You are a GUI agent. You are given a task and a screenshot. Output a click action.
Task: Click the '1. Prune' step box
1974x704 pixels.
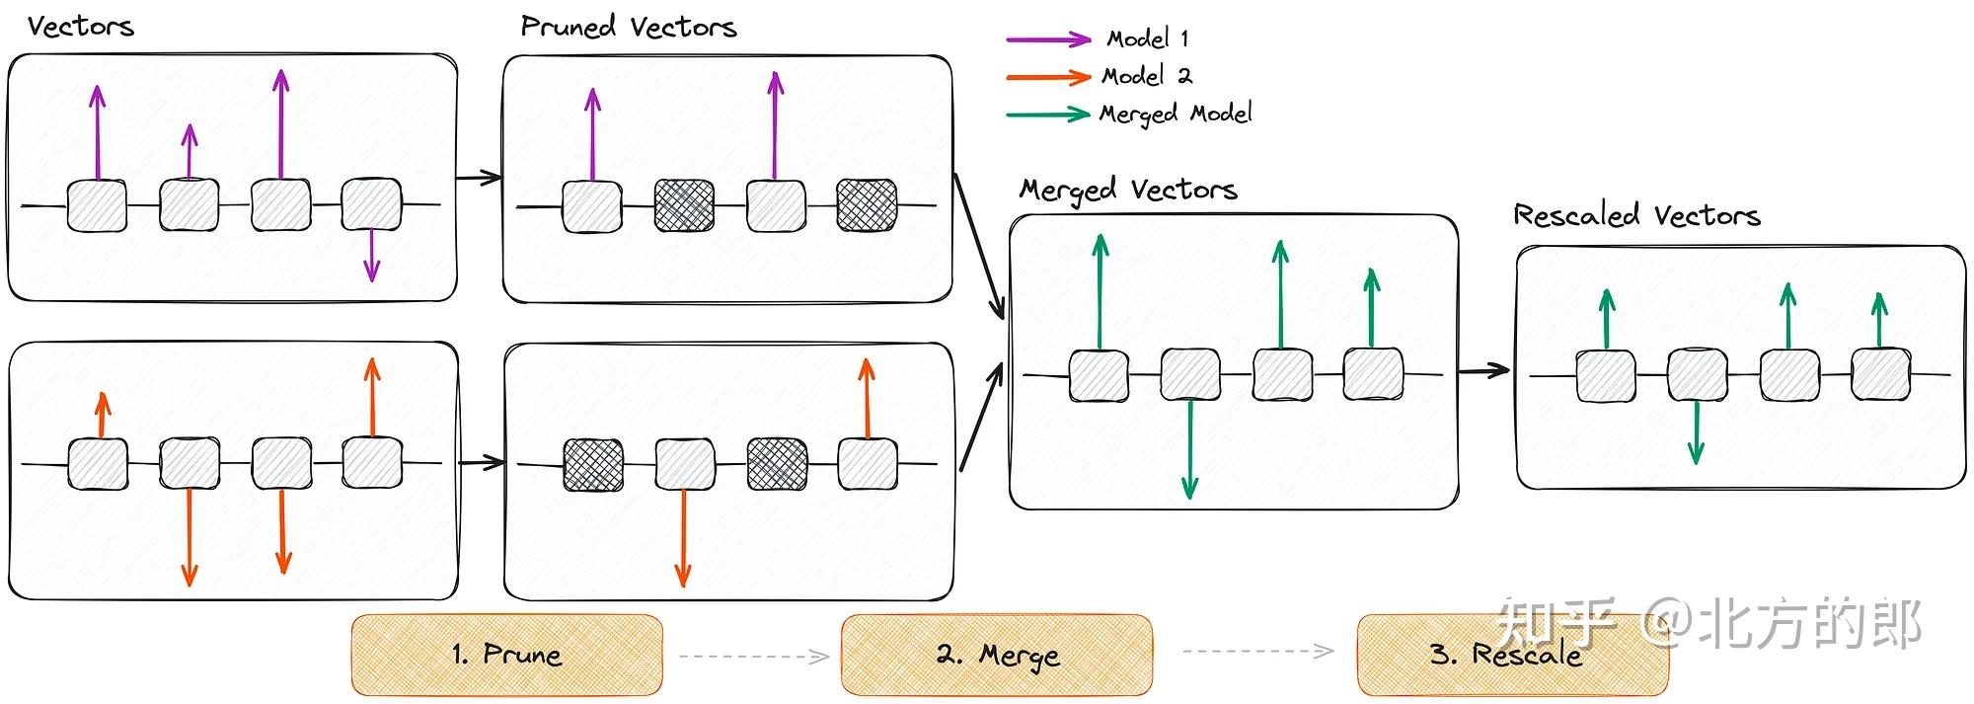click(x=507, y=655)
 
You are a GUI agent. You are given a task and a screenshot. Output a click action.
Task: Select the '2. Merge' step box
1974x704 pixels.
click(x=997, y=655)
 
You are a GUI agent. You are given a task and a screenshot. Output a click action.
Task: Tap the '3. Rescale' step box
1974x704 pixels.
click(x=1513, y=655)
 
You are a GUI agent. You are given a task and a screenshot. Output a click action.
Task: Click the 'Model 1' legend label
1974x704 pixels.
click(x=1148, y=39)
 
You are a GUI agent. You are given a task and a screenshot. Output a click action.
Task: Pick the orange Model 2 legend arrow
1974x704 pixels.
click(x=1048, y=77)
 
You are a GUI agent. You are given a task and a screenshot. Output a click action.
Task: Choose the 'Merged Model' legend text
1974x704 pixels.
click(x=1176, y=115)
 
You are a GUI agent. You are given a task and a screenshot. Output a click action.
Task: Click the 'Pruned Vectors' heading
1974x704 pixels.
click(x=629, y=27)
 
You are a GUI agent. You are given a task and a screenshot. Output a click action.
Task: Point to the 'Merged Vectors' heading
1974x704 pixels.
click(x=1128, y=189)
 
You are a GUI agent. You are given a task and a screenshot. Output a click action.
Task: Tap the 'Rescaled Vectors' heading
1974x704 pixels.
click(x=1636, y=215)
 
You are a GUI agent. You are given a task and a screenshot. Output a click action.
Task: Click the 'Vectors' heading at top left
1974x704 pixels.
click(x=81, y=27)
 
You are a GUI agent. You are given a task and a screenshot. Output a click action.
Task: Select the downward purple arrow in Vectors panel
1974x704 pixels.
click(x=371, y=255)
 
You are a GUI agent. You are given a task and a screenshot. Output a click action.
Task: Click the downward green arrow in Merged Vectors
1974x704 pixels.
click(x=1189, y=449)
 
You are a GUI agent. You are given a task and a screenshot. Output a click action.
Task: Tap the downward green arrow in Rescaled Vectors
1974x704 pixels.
click(x=1696, y=432)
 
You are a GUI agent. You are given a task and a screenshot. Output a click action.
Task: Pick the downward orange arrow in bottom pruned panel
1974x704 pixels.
click(x=682, y=538)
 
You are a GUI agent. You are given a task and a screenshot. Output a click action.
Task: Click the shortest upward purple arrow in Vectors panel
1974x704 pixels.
click(x=190, y=152)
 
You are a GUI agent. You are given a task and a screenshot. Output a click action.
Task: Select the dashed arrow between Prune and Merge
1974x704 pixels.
click(x=755, y=656)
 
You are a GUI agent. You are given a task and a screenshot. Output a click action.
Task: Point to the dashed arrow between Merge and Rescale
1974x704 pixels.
click(x=1258, y=651)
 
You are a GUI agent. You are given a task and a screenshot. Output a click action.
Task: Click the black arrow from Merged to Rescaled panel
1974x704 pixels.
click(x=1484, y=370)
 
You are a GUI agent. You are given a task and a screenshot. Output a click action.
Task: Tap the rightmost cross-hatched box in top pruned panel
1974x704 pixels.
click(x=867, y=205)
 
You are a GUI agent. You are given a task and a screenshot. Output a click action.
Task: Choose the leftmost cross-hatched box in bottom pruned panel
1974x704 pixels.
click(x=593, y=465)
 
